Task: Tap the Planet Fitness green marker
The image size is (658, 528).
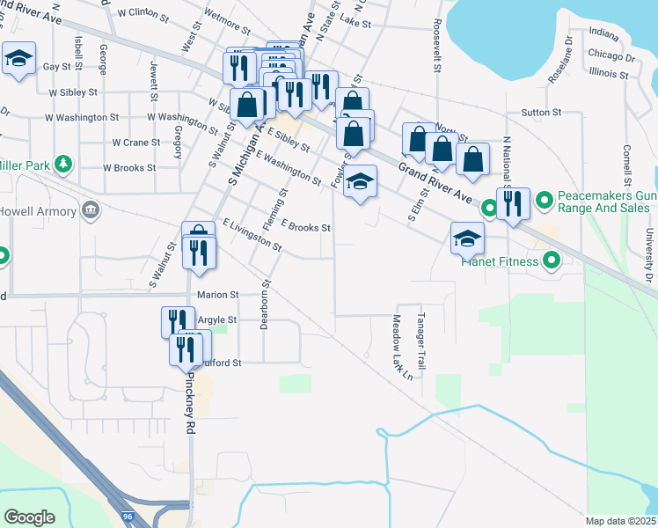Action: coord(552,260)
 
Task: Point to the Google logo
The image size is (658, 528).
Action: coord(29,517)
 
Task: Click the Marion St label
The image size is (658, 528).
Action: coord(217,295)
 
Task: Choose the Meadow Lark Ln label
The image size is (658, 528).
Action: coord(402,348)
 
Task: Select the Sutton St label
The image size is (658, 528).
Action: coord(541,113)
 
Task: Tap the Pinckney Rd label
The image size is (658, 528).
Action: coord(190,401)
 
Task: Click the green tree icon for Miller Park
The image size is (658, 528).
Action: coord(62,164)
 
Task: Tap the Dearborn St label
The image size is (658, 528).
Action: coord(264,304)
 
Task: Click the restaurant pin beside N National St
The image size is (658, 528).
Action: coord(513,204)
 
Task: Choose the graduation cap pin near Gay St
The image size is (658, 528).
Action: coord(18,59)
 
